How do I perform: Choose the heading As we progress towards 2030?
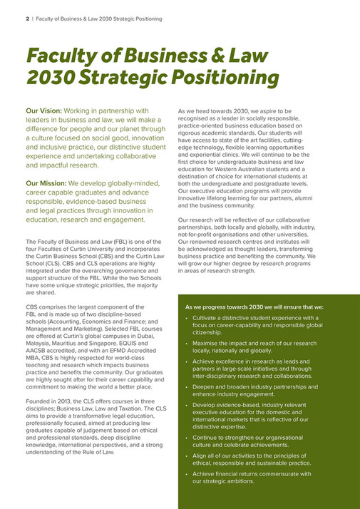click(232, 307)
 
